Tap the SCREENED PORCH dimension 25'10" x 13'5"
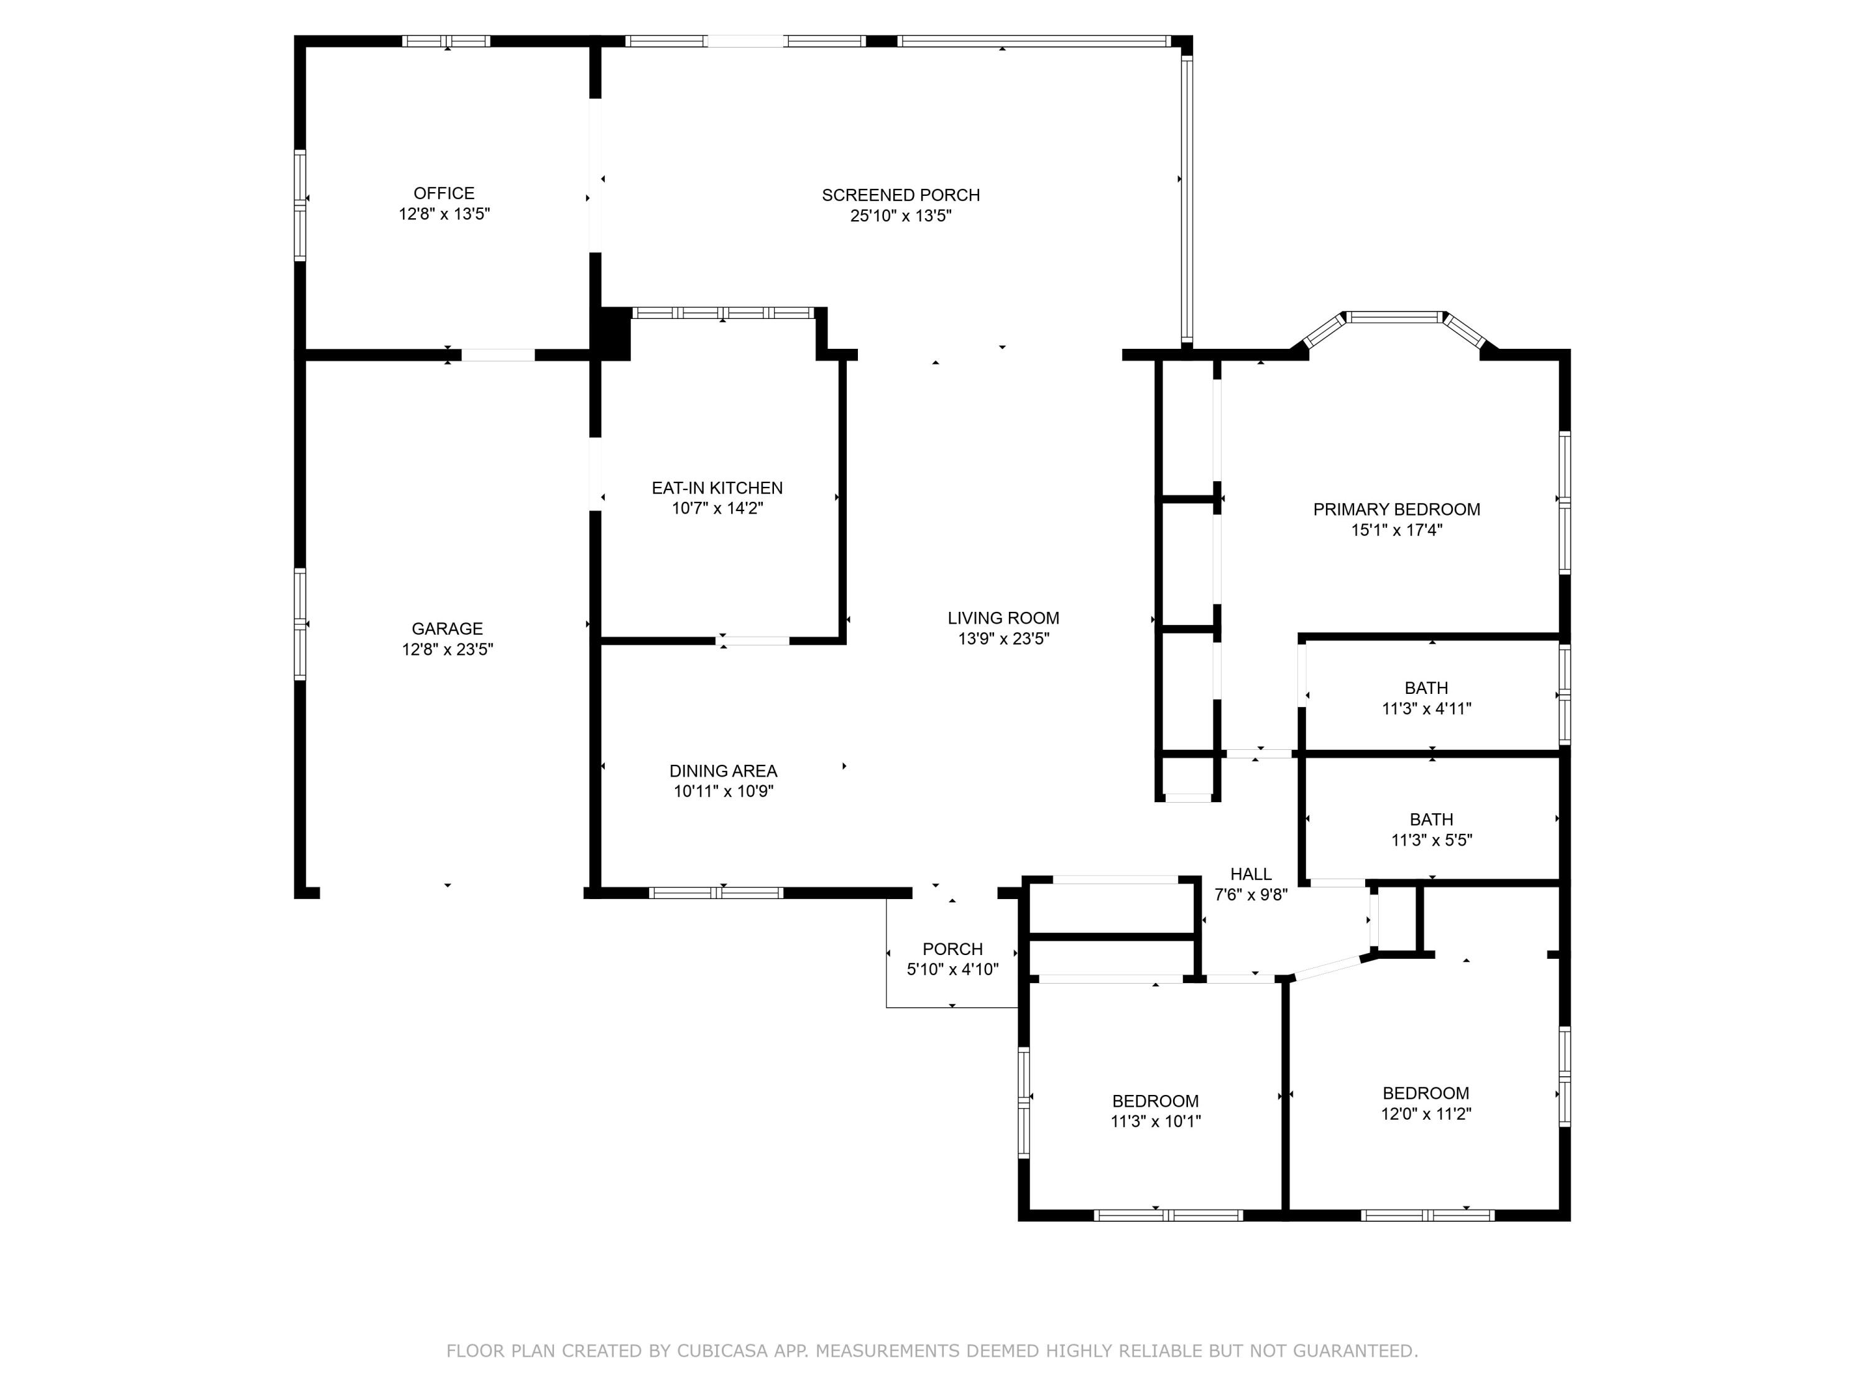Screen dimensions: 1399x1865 900,216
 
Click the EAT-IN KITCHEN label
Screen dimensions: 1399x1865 717,487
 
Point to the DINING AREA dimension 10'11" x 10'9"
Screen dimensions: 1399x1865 722,791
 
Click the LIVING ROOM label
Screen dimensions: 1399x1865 1003,618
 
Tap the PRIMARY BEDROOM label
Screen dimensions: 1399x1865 1396,509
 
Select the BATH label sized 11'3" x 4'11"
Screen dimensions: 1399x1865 1425,688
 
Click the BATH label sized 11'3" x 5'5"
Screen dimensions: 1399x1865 1431,820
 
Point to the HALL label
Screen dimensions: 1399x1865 1250,874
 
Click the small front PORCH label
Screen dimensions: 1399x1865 952,949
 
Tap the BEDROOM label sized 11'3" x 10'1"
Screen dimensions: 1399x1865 1154,1101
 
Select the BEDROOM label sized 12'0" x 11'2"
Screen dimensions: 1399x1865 1425,1093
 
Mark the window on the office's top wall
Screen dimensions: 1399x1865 446,40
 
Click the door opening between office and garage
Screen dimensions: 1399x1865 497,355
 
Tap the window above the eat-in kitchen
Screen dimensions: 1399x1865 722,313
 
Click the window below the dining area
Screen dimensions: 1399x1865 716,893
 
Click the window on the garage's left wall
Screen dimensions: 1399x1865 299,624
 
